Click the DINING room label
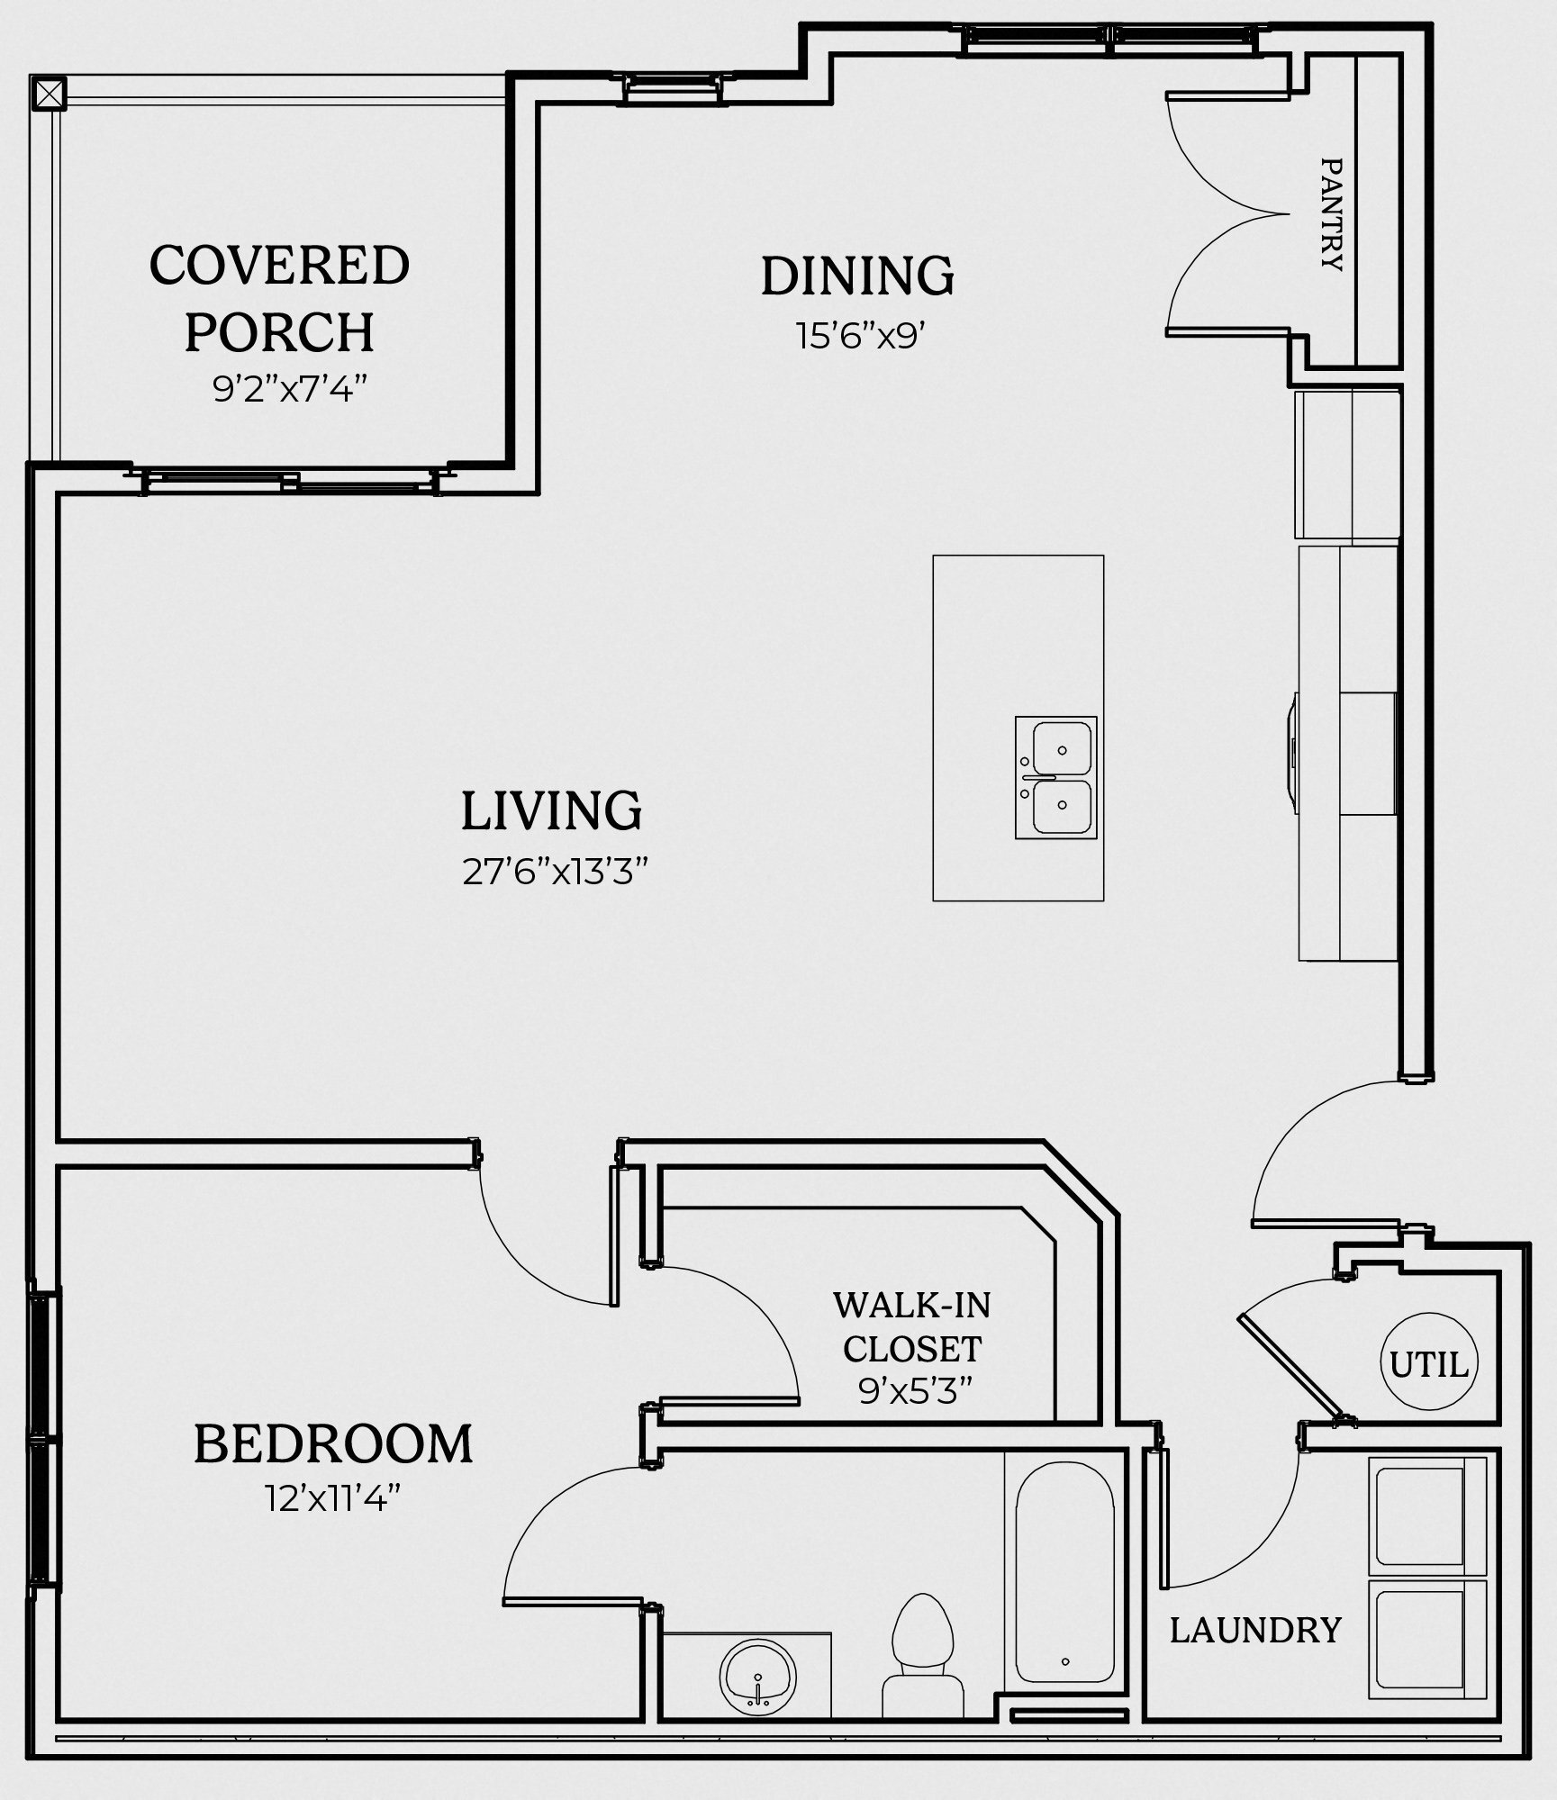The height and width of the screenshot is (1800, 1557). point(857,276)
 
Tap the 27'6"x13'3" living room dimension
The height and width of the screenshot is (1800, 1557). point(556,872)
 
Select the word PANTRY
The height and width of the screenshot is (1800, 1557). point(1331,214)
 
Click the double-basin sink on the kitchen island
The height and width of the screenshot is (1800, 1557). point(1055,777)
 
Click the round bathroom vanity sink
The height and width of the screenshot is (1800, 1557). point(758,1676)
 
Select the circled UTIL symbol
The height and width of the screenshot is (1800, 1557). point(1429,1365)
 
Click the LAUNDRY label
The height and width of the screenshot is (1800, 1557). point(1255,1630)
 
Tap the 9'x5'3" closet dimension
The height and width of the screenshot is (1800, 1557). point(917,1392)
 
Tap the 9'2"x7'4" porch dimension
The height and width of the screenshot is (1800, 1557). point(290,390)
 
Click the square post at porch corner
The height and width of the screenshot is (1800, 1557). point(49,93)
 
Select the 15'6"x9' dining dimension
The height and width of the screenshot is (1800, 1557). point(860,336)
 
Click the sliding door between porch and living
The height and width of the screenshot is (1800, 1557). point(290,481)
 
